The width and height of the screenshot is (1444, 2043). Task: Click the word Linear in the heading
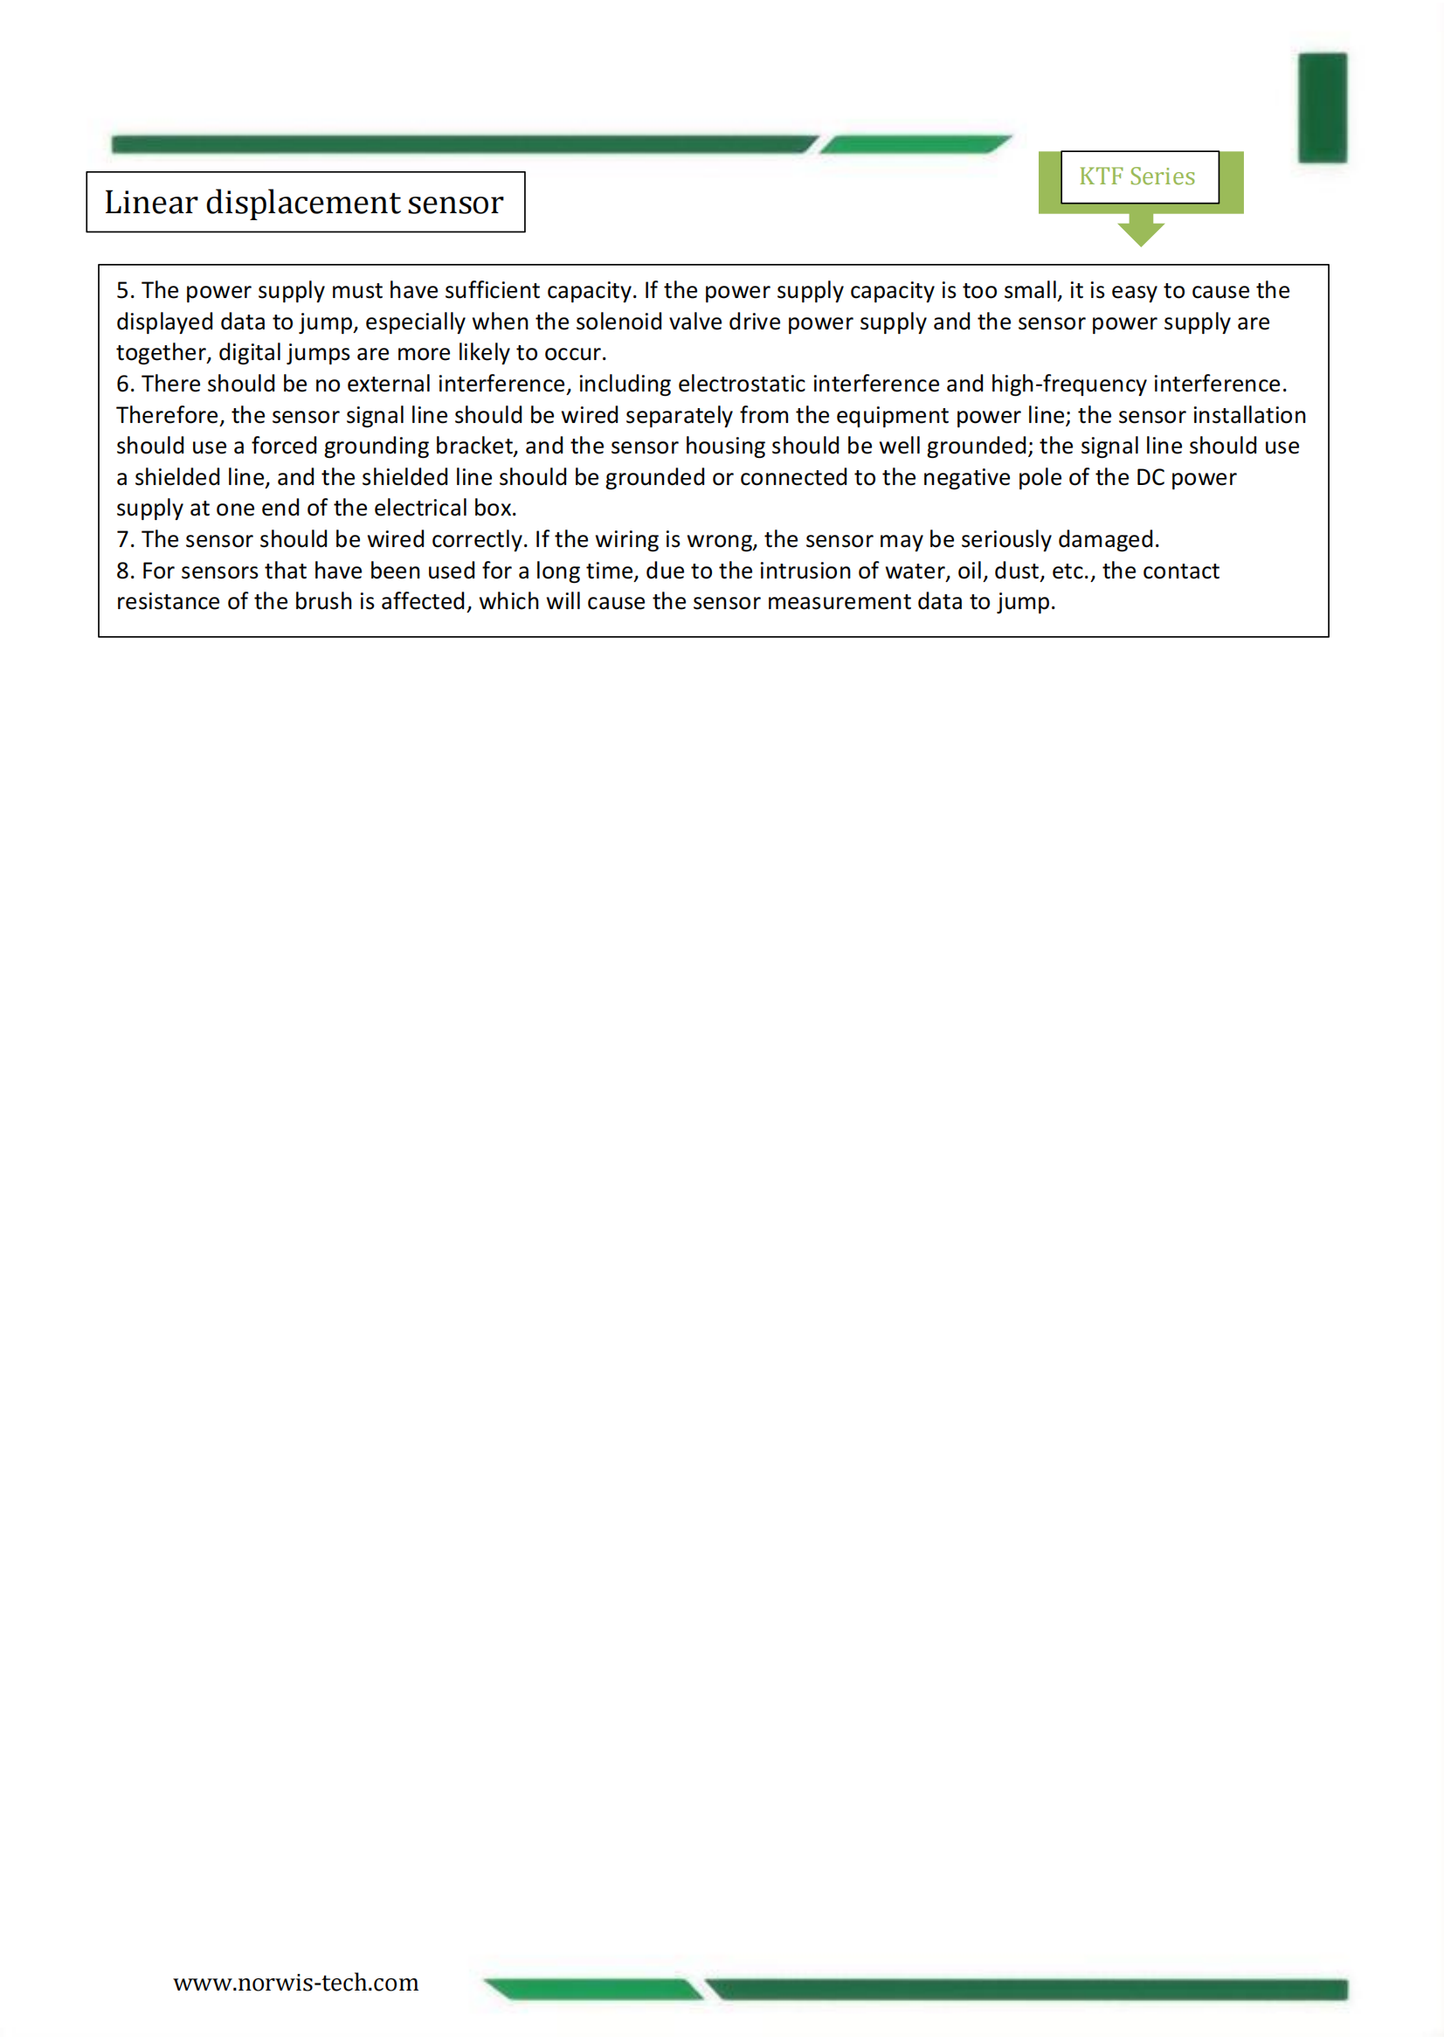pyautogui.click(x=150, y=203)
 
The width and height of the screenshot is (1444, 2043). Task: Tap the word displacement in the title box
pyautogui.click(x=301, y=203)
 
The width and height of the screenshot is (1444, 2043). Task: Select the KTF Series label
pyautogui.click(x=1137, y=177)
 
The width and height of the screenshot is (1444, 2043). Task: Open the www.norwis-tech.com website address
pyautogui.click(x=295, y=1982)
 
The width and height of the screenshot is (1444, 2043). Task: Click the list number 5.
pyautogui.click(x=124, y=291)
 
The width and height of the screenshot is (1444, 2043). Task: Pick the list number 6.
pyautogui.click(x=124, y=384)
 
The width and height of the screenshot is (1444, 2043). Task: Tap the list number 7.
pyautogui.click(x=124, y=540)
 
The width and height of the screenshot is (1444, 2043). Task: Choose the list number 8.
pyautogui.click(x=124, y=571)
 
